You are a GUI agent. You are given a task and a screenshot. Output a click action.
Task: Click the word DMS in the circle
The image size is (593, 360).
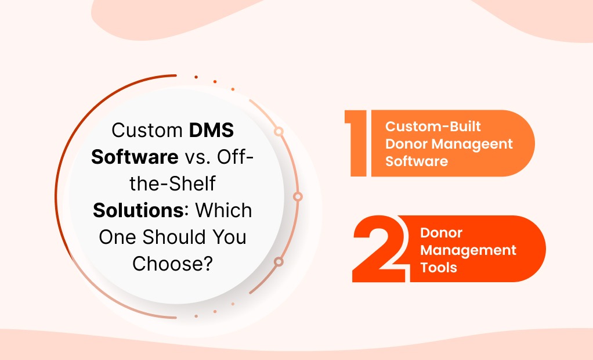click(212, 130)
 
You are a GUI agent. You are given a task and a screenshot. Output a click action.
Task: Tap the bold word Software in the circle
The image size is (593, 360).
click(135, 157)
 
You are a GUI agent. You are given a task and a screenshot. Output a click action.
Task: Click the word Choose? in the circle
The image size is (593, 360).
click(172, 263)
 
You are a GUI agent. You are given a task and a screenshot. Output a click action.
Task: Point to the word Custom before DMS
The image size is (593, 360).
click(147, 130)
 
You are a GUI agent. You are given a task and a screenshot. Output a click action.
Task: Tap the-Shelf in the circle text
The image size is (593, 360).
click(173, 184)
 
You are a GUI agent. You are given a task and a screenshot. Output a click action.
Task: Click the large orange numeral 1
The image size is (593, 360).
click(357, 143)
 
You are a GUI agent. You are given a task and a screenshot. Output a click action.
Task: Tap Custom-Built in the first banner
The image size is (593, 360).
click(433, 127)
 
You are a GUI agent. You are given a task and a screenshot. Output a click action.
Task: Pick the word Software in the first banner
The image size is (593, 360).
click(417, 160)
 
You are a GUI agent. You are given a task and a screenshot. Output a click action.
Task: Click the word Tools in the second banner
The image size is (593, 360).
click(439, 267)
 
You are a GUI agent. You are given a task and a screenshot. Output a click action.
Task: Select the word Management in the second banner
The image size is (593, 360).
click(468, 250)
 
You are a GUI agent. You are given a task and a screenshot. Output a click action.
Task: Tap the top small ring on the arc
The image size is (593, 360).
click(279, 132)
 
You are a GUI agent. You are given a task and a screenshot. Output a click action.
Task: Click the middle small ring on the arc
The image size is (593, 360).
click(298, 196)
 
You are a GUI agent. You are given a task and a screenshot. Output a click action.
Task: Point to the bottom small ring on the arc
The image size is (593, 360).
click(279, 262)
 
